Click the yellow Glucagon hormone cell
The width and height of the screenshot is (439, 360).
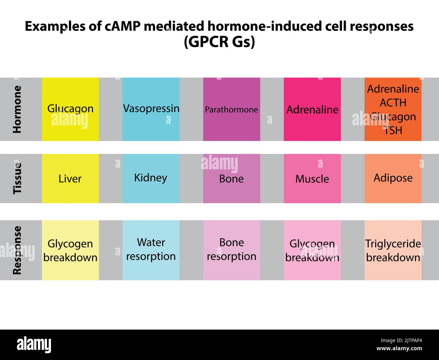coord(70,109)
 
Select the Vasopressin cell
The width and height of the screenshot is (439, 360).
coord(151,109)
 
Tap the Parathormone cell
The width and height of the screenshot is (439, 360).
coord(231,110)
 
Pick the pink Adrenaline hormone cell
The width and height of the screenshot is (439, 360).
coord(312,110)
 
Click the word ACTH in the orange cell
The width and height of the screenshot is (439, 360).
coord(393,102)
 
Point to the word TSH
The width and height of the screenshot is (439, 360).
coord(393,130)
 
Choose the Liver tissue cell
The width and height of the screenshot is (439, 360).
coord(70,178)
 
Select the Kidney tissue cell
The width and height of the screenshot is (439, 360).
coord(151,178)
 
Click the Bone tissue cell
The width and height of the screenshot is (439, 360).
coord(231,178)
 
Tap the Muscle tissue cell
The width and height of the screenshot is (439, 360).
coord(312,178)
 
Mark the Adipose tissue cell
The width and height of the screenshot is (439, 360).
coord(393,178)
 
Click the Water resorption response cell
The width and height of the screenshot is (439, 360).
coord(151,249)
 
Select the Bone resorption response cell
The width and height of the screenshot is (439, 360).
coord(231,249)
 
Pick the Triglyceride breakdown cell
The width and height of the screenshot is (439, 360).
coord(393,250)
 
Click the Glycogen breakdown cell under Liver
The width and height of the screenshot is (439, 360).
coord(70,250)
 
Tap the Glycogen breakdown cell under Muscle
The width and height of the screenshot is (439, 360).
coord(312,250)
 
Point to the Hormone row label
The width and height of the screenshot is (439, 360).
coord(17,109)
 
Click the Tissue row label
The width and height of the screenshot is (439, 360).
coord(17,178)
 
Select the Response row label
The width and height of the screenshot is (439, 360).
coord(17,250)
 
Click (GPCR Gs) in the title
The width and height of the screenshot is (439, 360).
coord(219,42)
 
